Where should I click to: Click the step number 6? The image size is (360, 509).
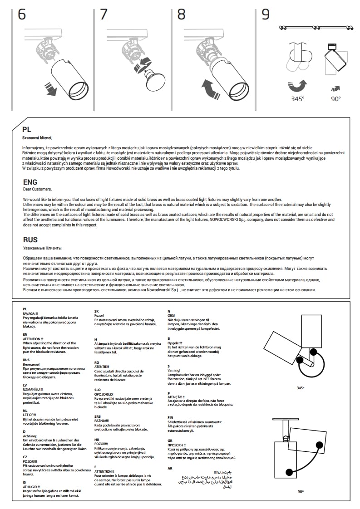pyautogui.click(x=22, y=15)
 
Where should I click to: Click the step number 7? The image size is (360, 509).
pyautogui.click(x=104, y=15)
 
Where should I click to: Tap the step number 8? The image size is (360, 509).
pyautogui.click(x=181, y=15)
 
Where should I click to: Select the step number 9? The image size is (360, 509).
pyautogui.click(x=266, y=15)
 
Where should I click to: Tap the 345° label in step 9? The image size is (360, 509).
pyautogui.click(x=298, y=98)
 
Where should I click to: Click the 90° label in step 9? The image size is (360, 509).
pyautogui.click(x=335, y=98)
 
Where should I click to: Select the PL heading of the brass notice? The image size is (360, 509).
pyautogui.click(x=27, y=129)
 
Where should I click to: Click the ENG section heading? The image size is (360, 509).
pyautogui.click(x=30, y=182)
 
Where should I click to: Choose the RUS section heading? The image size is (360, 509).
pyautogui.click(x=30, y=240)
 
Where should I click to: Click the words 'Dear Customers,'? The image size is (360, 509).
pyautogui.click(x=37, y=189)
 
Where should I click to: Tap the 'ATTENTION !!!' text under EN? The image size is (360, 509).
pyautogui.click(x=33, y=339)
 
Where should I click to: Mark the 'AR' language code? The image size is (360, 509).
pyautogui.click(x=170, y=468)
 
